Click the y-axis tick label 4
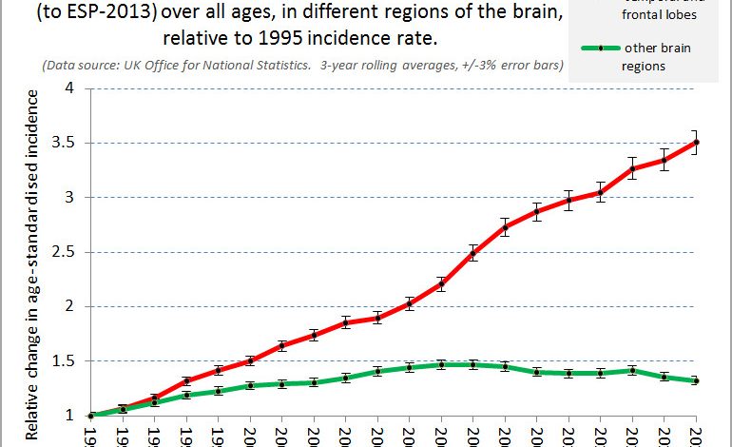click(x=68, y=88)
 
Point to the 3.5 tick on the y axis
click(x=64, y=144)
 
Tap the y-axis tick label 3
click(x=68, y=198)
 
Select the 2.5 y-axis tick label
click(x=64, y=252)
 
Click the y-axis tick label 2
click(x=68, y=306)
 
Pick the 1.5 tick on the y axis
click(x=64, y=361)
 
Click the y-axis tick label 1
click(x=68, y=416)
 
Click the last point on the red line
click(x=697, y=143)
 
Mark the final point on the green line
click(x=697, y=381)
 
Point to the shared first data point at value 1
click(x=90, y=416)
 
